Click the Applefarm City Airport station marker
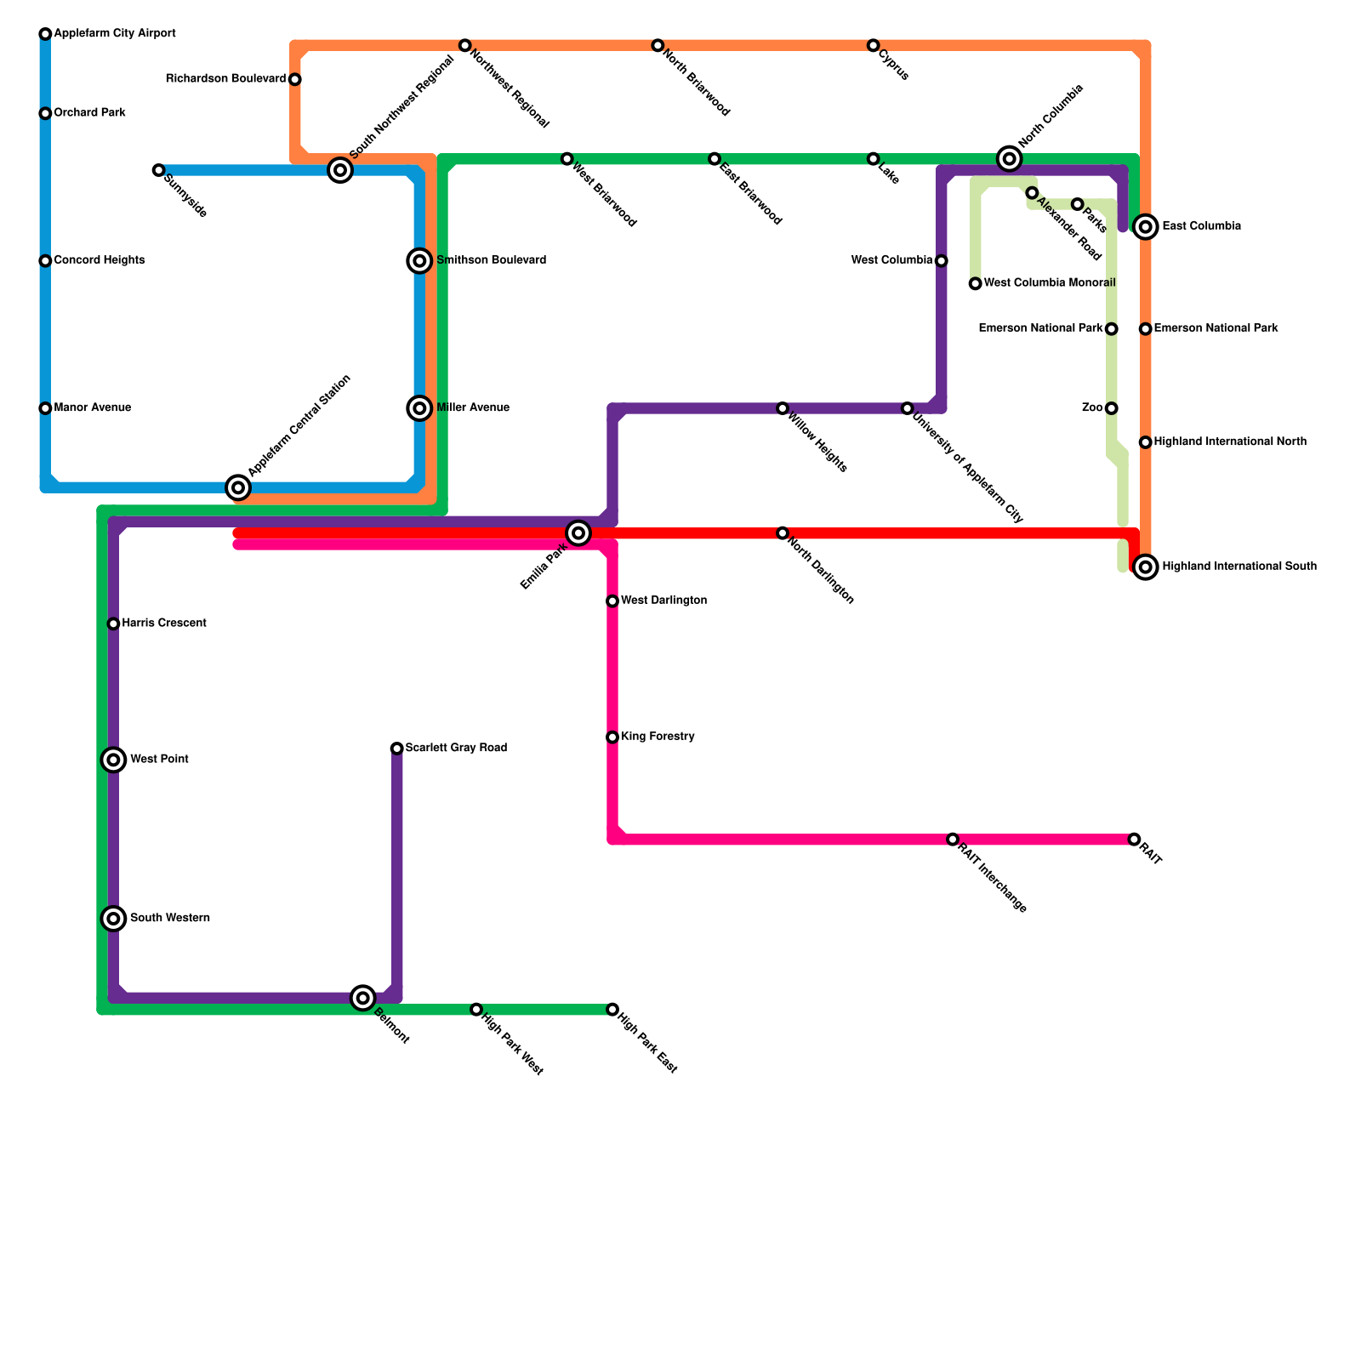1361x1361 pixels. coord(45,34)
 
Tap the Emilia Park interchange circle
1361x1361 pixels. coord(578,533)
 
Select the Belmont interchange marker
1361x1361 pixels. coord(363,998)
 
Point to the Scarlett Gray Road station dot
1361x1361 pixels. coord(397,749)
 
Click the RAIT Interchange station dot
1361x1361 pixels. coord(953,840)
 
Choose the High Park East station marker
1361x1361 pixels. coord(612,1010)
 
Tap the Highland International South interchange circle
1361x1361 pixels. coord(1146,567)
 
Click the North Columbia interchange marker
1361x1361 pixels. coord(1010,158)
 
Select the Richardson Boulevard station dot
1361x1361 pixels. coord(295,80)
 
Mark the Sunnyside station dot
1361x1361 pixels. coord(158,170)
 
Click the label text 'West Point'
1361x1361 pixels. coord(159,760)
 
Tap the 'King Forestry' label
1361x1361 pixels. coord(658,737)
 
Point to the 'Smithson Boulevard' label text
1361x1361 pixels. coord(491,260)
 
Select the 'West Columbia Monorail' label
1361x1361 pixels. coord(1050,283)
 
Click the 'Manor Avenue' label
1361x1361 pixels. coord(93,408)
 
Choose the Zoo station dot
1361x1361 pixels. coord(1112,408)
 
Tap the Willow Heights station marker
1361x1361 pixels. coord(783,408)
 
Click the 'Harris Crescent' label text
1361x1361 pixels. coord(164,624)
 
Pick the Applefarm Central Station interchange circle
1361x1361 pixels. coord(239,487)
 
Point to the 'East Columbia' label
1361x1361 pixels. coord(1201,226)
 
